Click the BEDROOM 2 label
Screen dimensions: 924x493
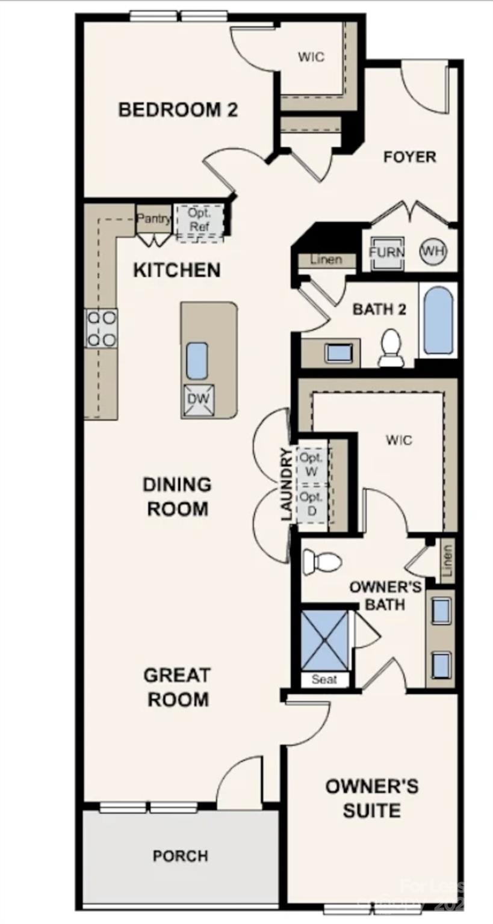(178, 110)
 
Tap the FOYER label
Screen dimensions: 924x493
(410, 157)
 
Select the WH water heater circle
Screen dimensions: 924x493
(433, 251)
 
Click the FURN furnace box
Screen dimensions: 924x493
(386, 251)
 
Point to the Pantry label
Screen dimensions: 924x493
(154, 218)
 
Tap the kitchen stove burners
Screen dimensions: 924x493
(101, 328)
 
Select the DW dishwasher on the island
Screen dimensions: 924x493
(198, 399)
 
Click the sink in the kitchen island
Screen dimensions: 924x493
(197, 360)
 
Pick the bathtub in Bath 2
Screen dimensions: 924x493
(438, 321)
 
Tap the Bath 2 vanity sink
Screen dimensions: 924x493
(337, 353)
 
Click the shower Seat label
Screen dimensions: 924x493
(324, 680)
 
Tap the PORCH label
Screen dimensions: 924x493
(181, 855)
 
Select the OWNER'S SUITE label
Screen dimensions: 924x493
(372, 798)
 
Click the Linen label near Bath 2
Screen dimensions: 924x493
(326, 260)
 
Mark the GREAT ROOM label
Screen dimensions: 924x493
(176, 687)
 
